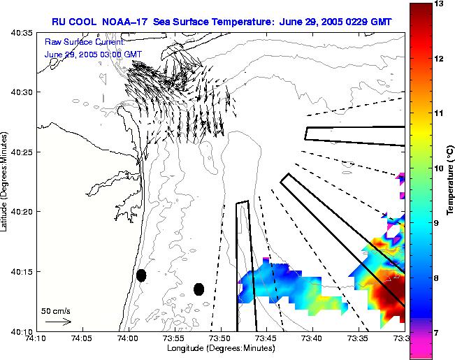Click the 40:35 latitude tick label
22,33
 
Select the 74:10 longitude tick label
36,338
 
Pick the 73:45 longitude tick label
266,338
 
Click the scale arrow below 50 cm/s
58,322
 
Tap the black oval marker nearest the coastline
141,275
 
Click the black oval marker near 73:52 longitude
198,289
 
